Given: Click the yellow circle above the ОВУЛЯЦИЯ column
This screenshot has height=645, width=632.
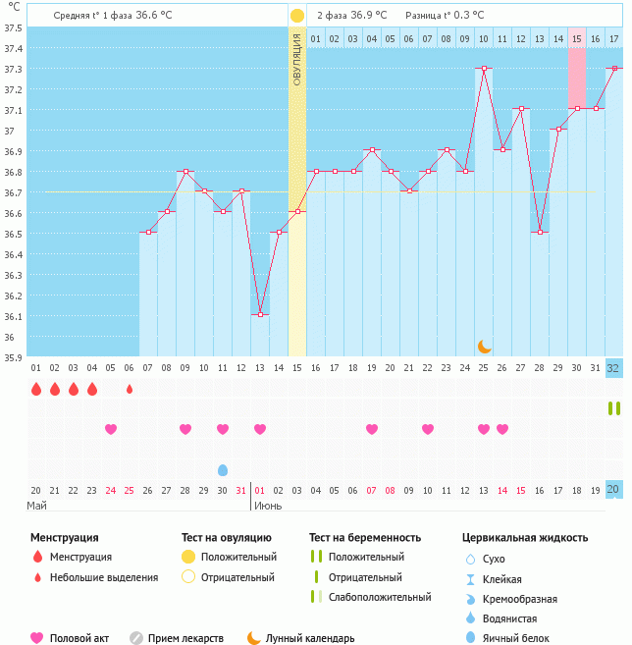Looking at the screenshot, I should point(297,16).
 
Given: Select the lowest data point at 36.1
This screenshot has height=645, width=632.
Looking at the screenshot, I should point(260,314).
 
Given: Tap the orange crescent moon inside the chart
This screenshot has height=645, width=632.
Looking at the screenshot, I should point(484,346).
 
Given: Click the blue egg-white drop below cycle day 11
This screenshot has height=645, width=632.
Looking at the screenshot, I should point(223,470).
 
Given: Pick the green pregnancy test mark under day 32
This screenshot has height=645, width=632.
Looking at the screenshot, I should point(614,408).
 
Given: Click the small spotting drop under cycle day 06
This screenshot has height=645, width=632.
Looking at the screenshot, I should point(130,389).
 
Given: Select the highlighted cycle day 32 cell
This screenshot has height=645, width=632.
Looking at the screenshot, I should point(614,368).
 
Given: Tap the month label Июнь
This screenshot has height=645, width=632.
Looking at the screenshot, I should point(270,506).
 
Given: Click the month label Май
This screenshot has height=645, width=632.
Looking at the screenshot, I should point(37,506).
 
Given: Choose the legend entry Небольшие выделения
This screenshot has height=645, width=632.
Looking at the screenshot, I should point(102,577).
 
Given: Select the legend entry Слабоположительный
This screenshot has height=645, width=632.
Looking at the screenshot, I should point(379,597).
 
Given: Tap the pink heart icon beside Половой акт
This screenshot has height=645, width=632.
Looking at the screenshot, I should point(37,638).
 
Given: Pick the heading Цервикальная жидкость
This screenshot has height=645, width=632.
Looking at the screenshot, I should point(525,538).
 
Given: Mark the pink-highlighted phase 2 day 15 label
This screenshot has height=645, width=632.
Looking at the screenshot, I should point(577,38).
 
